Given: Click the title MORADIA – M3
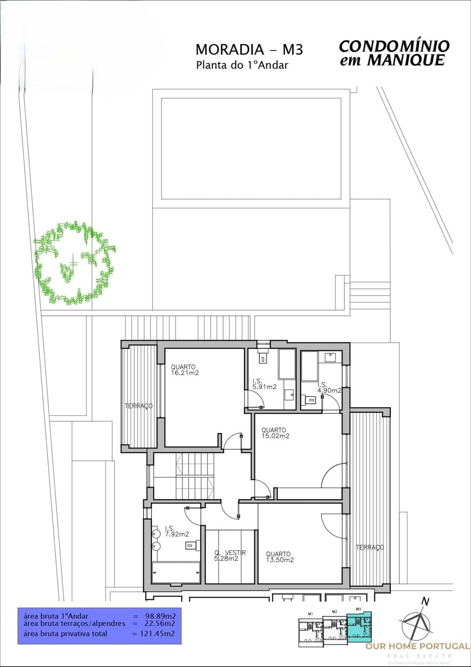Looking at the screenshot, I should (x=249, y=50).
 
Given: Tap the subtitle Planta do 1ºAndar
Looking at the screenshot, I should (x=242, y=65).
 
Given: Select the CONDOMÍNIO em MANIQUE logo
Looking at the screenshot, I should (x=394, y=53).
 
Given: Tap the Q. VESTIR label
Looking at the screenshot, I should (x=230, y=553).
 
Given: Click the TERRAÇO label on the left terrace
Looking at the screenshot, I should (x=138, y=406).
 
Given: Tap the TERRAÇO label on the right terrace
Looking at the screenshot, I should (x=370, y=547).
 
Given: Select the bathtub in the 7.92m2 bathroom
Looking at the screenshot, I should (x=176, y=573).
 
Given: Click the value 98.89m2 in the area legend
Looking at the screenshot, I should (x=157, y=616).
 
